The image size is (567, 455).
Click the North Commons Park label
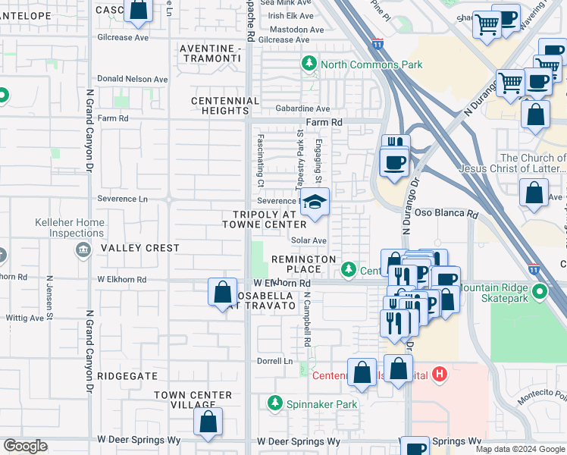point(371,64)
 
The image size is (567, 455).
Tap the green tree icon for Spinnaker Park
point(277,404)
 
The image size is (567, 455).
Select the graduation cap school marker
point(313,203)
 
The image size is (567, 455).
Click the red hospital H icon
point(441,374)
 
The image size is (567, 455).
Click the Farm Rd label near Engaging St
point(324,122)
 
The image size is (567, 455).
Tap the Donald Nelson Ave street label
point(133,79)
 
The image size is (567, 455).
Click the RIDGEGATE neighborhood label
point(127,376)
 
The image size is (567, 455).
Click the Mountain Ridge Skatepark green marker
point(539,291)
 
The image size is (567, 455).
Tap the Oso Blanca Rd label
point(446,215)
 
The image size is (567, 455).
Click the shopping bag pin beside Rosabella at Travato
point(222,292)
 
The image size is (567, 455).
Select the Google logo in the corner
point(25,446)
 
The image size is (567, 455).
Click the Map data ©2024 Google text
point(520,449)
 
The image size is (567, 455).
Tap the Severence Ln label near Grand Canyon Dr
point(122,199)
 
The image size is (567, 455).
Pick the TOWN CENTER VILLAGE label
point(193,400)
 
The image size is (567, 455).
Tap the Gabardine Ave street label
point(302,108)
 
